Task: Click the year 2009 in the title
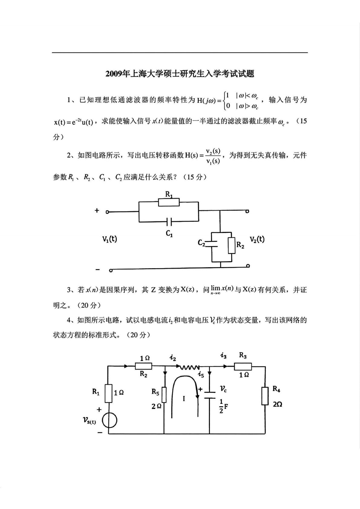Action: point(113,74)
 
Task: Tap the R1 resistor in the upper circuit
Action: point(169,202)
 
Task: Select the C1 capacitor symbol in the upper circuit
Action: point(169,222)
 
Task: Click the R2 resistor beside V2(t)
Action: point(232,245)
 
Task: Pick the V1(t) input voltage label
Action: point(110,239)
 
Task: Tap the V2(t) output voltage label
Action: point(257,239)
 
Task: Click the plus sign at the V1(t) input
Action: point(97,210)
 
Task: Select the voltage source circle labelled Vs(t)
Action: point(109,421)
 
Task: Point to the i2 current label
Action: point(173,358)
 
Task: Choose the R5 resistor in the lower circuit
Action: point(164,394)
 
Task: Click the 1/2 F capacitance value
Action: point(223,406)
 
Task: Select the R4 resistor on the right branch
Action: point(265,396)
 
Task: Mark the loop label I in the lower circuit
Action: point(184,399)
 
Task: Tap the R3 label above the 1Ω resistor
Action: point(243,355)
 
